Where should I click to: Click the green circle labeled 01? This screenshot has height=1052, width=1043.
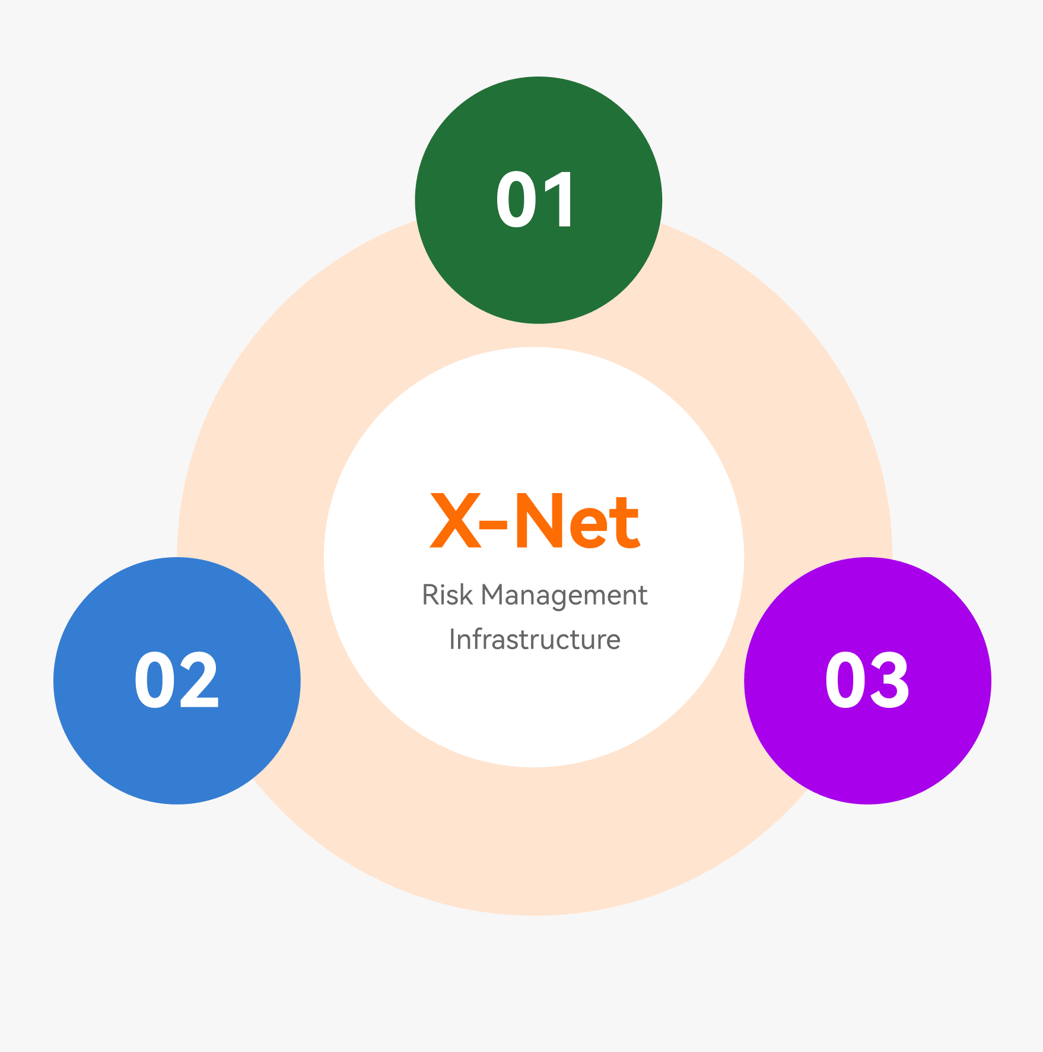(538, 200)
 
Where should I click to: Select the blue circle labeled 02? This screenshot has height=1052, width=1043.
(177, 681)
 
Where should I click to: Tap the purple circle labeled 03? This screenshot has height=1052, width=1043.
(867, 681)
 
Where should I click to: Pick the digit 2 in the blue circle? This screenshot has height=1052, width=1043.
(199, 680)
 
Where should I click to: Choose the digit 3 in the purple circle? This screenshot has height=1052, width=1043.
(889, 680)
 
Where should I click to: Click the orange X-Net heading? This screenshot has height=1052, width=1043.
(535, 521)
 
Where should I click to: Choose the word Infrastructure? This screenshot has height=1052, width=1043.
(535, 639)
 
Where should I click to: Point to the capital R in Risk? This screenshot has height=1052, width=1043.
(430, 595)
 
